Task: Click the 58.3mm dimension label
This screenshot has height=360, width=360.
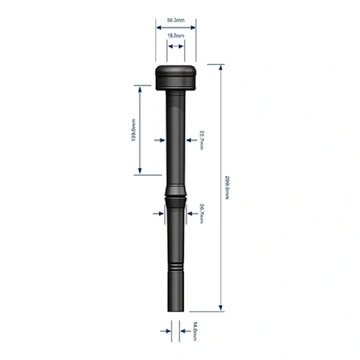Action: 175,22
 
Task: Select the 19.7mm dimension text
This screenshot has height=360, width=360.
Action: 175,35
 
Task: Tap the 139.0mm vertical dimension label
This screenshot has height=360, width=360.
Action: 134,130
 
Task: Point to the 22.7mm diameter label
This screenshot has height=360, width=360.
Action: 202,139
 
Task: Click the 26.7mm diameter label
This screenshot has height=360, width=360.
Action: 202,213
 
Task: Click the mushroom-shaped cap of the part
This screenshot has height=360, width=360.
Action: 175,77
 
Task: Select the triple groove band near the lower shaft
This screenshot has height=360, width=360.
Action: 175,267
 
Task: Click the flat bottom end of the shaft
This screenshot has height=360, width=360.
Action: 175,312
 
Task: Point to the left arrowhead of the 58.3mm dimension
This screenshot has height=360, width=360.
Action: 157,27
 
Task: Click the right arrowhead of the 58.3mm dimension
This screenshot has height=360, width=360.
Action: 194,27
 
